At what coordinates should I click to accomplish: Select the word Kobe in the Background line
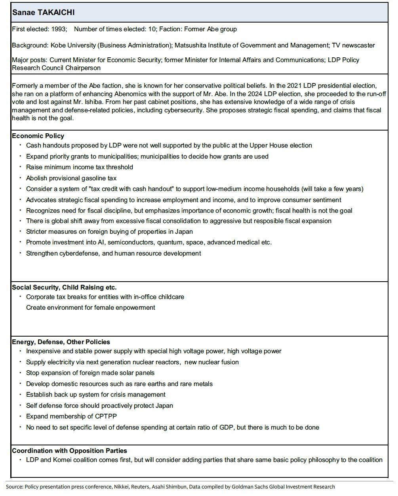(x=58, y=45)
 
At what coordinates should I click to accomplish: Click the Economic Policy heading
(x=38, y=136)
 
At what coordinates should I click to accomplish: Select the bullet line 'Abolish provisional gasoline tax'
(x=71, y=178)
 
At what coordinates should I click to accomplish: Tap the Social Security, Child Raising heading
(x=64, y=288)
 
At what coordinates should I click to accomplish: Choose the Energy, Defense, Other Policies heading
(x=61, y=342)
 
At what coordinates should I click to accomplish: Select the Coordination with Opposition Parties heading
(x=69, y=451)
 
